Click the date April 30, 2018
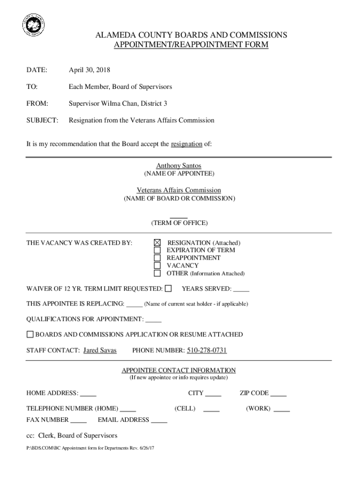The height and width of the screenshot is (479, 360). (x=89, y=70)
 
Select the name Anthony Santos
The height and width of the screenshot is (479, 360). (x=179, y=166)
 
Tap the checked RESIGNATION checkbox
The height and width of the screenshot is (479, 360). (x=158, y=243)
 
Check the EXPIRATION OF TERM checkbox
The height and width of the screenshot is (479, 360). (x=158, y=250)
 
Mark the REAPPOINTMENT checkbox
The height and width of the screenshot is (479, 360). (x=158, y=258)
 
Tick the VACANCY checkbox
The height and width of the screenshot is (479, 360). (x=158, y=265)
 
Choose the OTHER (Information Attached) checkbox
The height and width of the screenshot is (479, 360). (x=158, y=273)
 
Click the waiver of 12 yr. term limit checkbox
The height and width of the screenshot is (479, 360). (x=168, y=288)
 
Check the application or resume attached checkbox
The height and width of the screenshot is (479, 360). (x=30, y=334)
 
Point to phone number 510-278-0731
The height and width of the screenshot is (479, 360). (x=207, y=350)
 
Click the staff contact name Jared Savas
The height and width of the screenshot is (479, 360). (x=100, y=350)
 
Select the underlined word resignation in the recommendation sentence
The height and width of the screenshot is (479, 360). (x=187, y=144)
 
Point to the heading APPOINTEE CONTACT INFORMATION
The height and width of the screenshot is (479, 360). (x=179, y=370)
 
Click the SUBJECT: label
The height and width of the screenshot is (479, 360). (x=43, y=120)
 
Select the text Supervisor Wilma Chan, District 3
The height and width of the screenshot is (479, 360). (x=118, y=103)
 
